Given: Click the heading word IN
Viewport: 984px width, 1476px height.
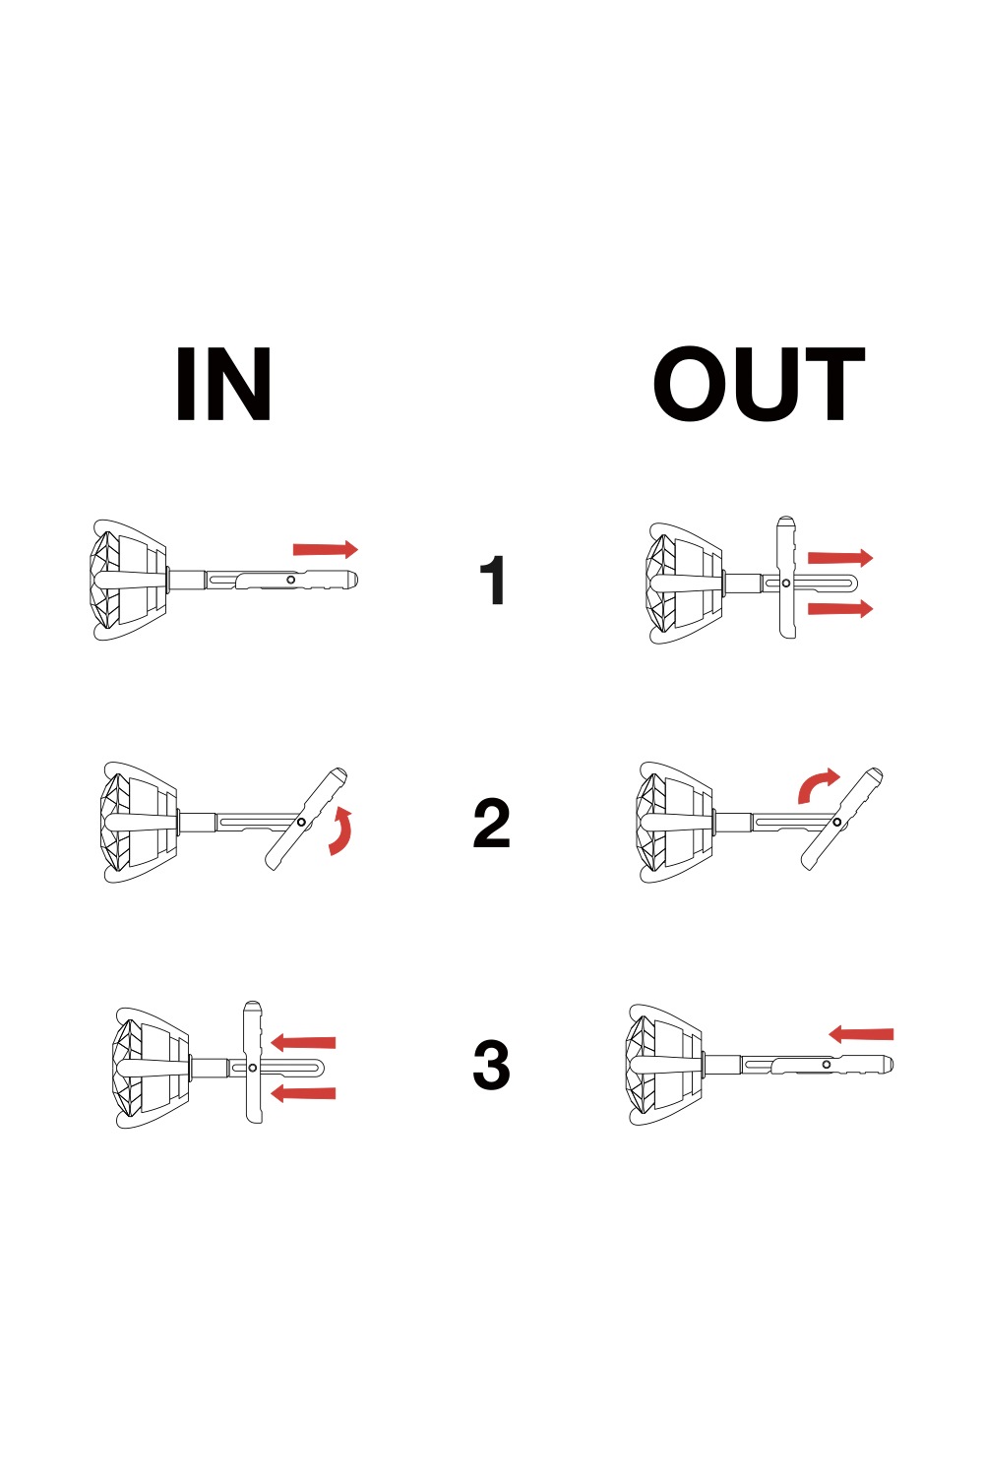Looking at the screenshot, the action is point(223,384).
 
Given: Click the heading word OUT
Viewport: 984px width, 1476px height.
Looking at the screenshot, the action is point(759,384).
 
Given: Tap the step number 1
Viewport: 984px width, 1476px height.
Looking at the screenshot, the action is point(493,580).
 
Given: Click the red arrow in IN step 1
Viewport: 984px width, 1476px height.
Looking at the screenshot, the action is point(326,549).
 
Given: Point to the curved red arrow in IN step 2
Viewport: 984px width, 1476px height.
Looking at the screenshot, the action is point(342,830).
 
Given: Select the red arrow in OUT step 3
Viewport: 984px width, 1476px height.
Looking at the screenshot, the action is point(861,1034).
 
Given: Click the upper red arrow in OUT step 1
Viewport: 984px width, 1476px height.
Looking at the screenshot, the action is point(840,558).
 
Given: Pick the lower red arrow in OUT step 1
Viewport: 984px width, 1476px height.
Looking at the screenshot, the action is point(840,608).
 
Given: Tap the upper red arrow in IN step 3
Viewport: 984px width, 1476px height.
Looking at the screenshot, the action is point(303,1042).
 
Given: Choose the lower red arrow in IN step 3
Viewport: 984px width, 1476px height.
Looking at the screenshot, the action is point(303,1094).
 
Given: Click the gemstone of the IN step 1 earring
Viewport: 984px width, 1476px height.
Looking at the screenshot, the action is point(105,580).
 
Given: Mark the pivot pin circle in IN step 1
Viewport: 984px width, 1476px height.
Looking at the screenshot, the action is point(290,580).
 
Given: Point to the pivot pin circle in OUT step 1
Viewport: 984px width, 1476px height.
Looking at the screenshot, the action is point(785,584).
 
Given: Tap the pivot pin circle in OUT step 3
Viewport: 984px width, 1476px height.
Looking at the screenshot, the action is point(827,1064).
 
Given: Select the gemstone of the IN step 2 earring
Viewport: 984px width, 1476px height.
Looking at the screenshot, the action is point(117,822).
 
